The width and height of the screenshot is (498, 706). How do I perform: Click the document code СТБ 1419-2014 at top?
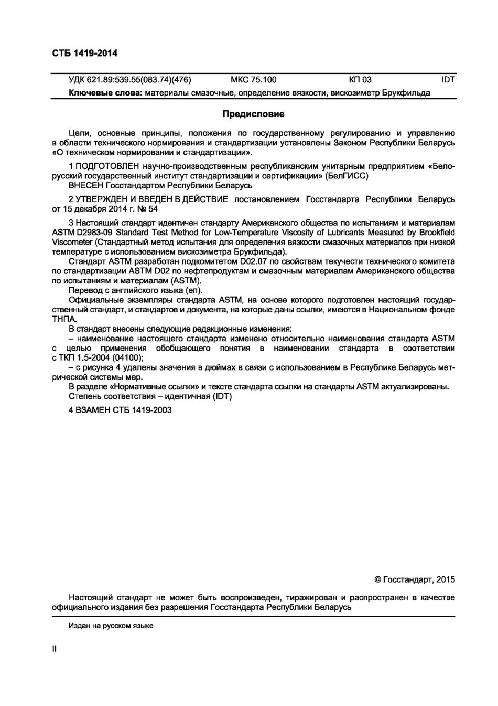point(84,53)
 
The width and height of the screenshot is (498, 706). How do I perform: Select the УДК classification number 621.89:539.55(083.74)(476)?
point(129,80)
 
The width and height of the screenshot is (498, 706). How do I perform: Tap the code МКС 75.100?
point(253,80)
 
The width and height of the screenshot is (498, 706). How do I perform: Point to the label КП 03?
point(360,80)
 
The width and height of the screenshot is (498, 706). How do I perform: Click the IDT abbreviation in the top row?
point(448,80)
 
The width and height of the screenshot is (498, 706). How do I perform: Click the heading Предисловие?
point(253,114)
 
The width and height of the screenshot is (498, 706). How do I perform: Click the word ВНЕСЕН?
point(86,185)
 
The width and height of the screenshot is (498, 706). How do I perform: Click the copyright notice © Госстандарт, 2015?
point(415,579)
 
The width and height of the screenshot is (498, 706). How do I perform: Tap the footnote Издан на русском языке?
point(111,626)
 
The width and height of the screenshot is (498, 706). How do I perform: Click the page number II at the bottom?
point(55,649)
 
